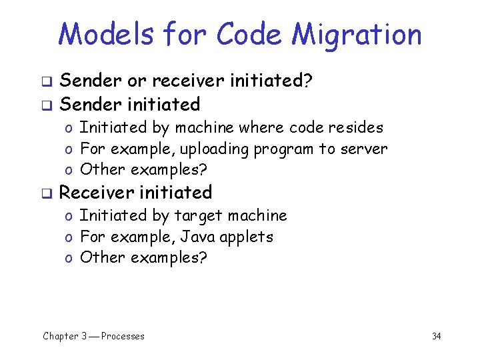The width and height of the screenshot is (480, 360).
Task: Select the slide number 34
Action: [x=436, y=336]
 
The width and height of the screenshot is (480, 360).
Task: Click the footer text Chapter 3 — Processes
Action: [x=93, y=336]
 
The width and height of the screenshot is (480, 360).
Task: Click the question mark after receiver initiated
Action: [x=308, y=81]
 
